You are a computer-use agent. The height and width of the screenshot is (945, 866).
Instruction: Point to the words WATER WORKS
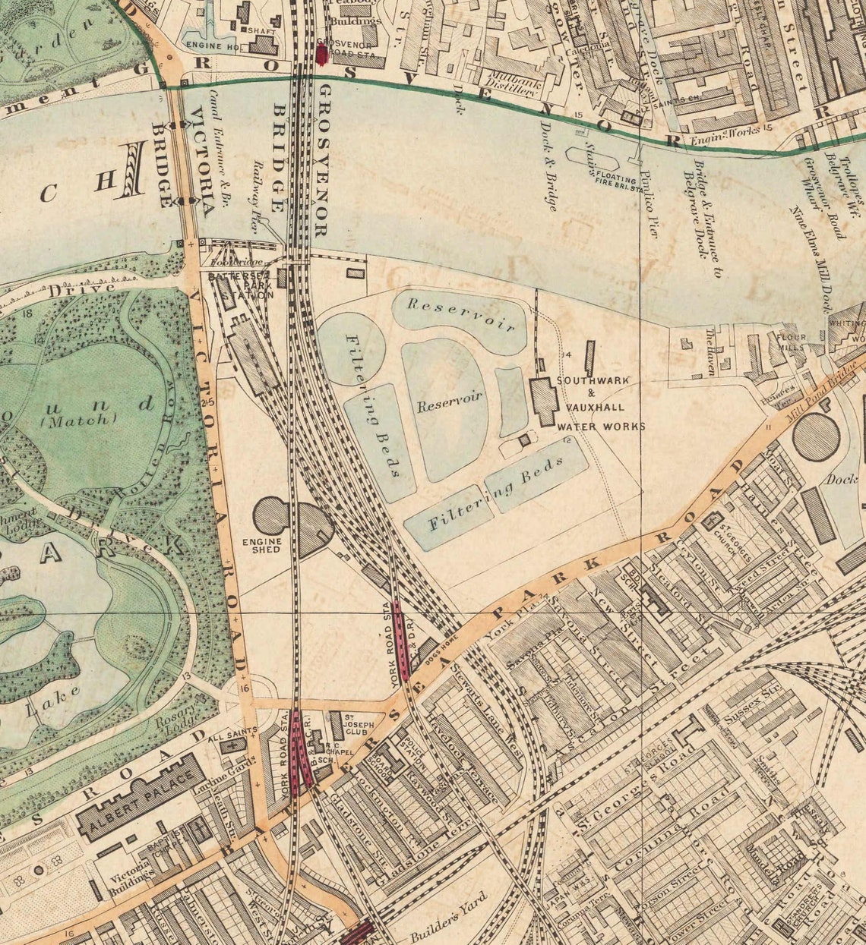(x=602, y=427)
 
